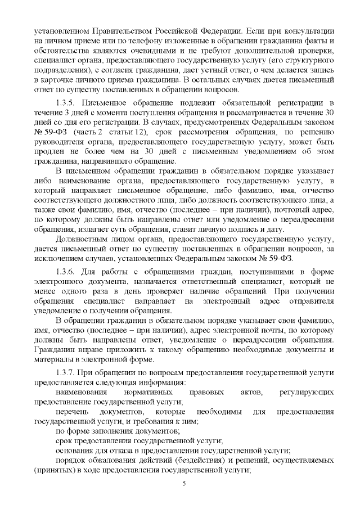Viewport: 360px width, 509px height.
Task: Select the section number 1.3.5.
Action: coord(66,103)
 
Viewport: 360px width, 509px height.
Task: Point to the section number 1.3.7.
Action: coord(66,373)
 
